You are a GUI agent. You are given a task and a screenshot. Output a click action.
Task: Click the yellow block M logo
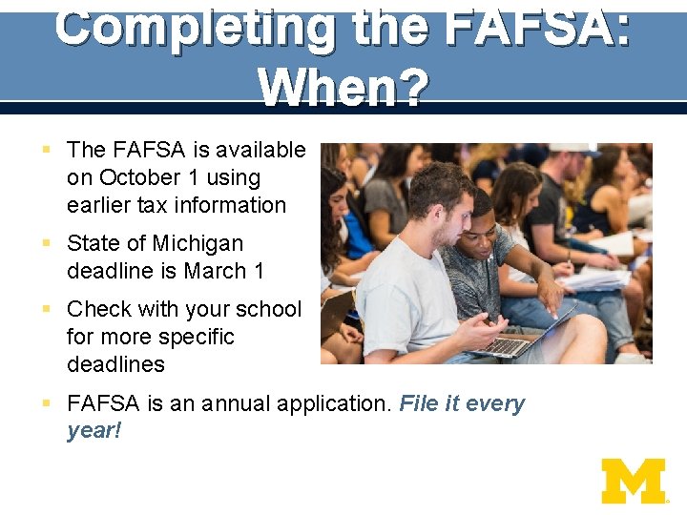[x=633, y=481]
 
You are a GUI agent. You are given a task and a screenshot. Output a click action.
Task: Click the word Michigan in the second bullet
[x=198, y=243]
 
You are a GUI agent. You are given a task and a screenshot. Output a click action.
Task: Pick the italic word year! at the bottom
[x=94, y=431]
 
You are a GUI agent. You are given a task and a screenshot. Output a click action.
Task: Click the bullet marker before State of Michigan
[x=47, y=243]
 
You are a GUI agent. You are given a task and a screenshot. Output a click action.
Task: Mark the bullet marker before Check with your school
[x=47, y=309]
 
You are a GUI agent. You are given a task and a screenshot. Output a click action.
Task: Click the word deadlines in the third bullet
[x=115, y=364]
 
